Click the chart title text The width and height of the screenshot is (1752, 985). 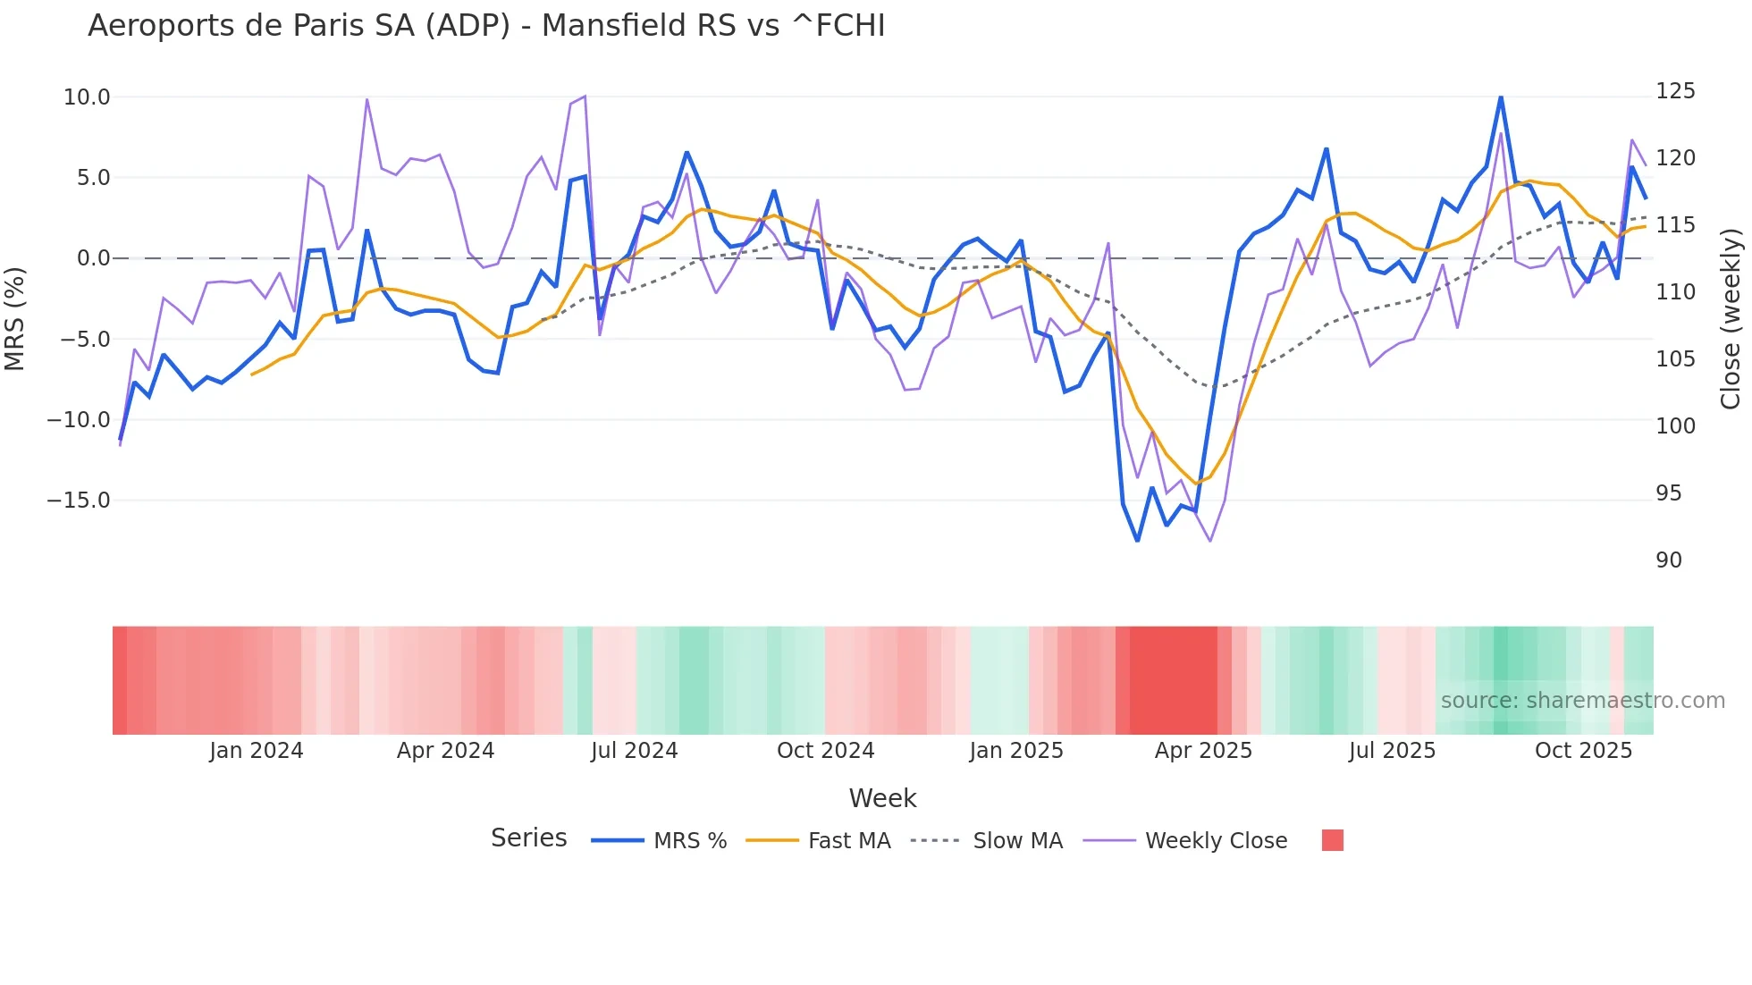pyautogui.click(x=486, y=26)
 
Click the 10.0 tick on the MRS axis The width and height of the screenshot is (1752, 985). pyautogui.click(x=87, y=97)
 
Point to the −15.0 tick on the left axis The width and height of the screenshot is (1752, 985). pyautogui.click(x=79, y=501)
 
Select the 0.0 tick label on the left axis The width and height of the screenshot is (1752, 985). pyautogui.click(x=93, y=258)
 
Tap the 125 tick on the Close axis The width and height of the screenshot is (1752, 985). pyautogui.click(x=1675, y=91)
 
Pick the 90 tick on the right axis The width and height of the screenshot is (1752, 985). pyautogui.click(x=1669, y=560)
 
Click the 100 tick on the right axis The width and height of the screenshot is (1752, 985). pyautogui.click(x=1675, y=426)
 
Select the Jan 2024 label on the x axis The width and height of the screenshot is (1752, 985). pyautogui.click(x=257, y=751)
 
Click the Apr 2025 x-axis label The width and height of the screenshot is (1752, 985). pyautogui.click(x=1203, y=751)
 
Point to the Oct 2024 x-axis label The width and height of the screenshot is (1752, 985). pyautogui.click(x=825, y=751)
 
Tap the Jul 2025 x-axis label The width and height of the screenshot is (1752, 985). pyautogui.click(x=1392, y=751)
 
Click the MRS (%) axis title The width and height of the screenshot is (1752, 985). pyautogui.click(x=15, y=318)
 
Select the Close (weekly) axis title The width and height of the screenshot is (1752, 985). pyautogui.click(x=1731, y=319)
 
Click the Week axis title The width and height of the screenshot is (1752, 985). pyautogui.click(x=882, y=798)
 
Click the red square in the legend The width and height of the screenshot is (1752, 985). pyautogui.click(x=1332, y=840)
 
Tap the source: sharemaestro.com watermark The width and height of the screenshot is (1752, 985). pyautogui.click(x=1582, y=701)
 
